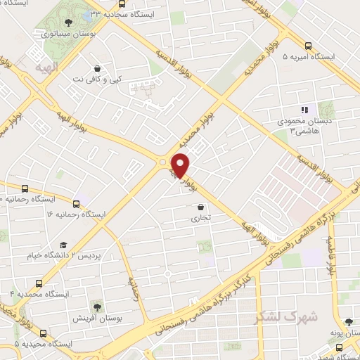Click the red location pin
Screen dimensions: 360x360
click(x=181, y=165)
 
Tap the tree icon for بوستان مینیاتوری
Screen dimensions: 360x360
click(x=67, y=23)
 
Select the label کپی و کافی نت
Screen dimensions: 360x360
click(x=98, y=79)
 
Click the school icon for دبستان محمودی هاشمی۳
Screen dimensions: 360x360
click(x=304, y=110)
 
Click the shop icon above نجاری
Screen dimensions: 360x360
click(x=202, y=207)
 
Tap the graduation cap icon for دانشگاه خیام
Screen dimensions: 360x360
click(x=63, y=245)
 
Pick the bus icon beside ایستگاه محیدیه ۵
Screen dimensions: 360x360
click(x=18, y=344)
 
